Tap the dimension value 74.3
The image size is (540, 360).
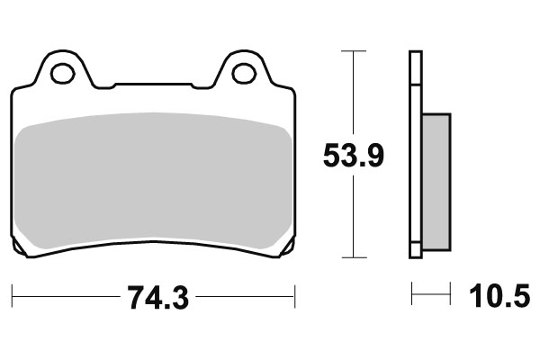click(x=153, y=296)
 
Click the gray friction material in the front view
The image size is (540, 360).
click(x=153, y=180)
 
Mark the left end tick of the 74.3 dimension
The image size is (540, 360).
click(x=13, y=295)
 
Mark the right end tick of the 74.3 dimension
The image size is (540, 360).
click(x=295, y=295)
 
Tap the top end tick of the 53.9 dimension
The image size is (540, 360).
click(x=355, y=52)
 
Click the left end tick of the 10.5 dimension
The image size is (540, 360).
click(x=411, y=294)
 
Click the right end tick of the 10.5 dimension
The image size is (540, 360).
click(x=449, y=294)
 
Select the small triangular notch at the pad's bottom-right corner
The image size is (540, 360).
click(x=288, y=248)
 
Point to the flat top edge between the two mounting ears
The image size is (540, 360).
click(x=153, y=85)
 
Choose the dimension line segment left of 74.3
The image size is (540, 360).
click(x=63, y=295)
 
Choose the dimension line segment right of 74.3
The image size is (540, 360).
click(x=243, y=295)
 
